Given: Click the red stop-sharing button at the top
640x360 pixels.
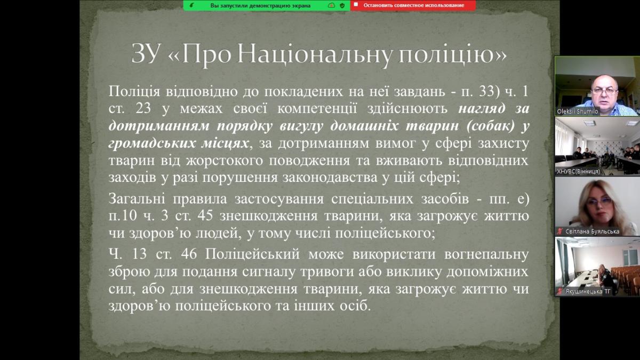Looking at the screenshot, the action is point(413,5).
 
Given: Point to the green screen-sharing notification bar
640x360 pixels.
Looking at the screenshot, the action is point(267,5).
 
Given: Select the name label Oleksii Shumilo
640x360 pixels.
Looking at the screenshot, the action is point(578,111).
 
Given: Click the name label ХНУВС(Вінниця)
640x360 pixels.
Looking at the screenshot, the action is point(578,171).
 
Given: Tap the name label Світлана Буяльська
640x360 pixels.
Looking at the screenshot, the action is point(592,231).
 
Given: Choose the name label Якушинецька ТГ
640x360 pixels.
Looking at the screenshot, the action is point(588,291).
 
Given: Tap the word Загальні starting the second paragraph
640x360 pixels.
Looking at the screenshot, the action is point(137,199).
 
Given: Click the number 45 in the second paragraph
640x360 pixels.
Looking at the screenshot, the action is point(205,215).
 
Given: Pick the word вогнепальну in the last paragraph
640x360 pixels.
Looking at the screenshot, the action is point(486,254).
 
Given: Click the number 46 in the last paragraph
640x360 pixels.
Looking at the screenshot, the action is point(189,254).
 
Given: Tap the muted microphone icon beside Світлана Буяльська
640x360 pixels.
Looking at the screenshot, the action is point(561,231).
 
